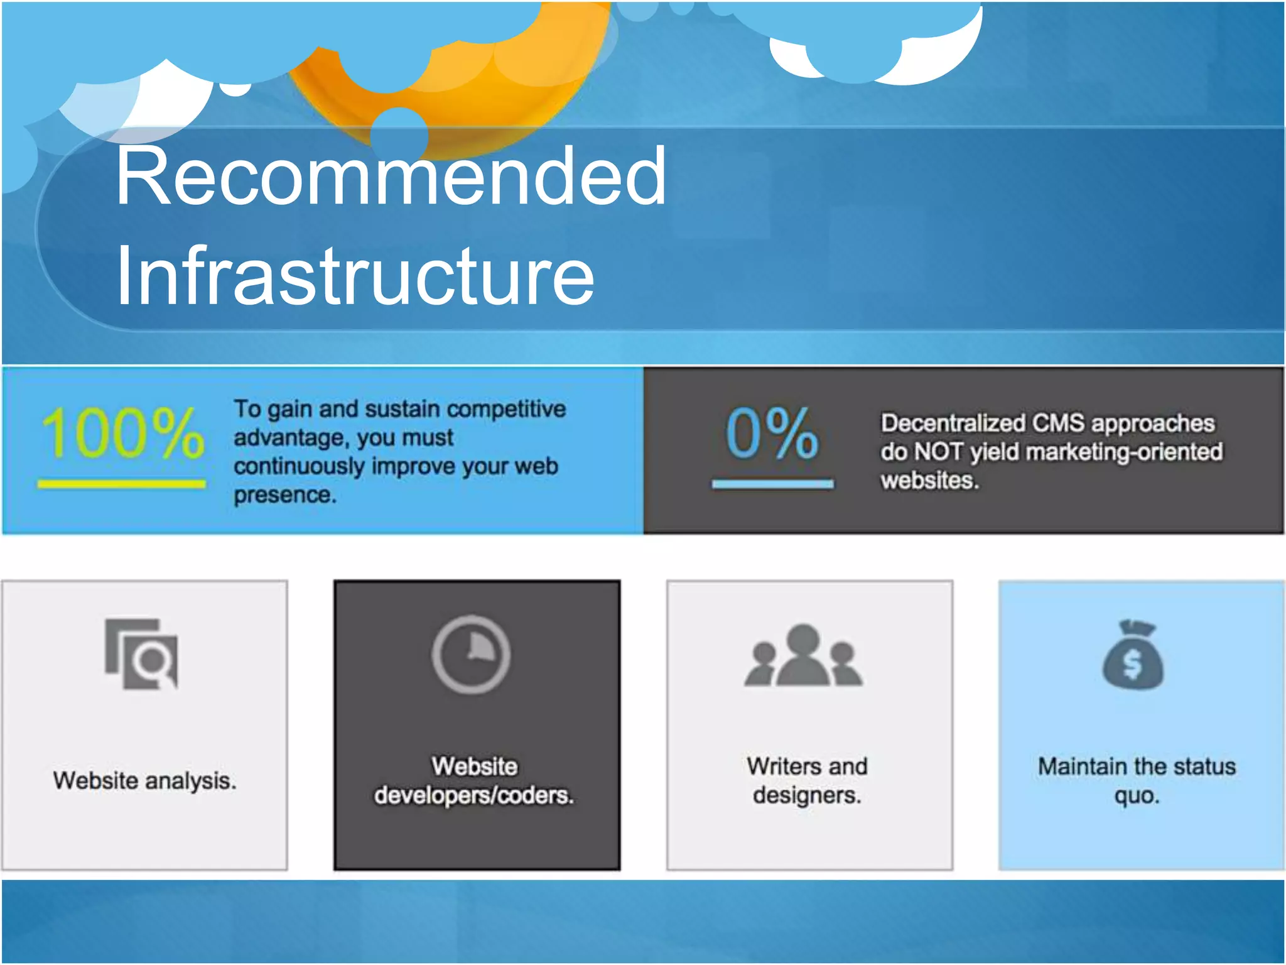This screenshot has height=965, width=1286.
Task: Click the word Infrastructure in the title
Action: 355,276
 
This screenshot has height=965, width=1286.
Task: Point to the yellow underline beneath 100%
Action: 122,484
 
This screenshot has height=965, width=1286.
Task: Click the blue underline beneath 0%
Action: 772,484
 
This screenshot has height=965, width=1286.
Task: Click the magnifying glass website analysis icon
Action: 142,654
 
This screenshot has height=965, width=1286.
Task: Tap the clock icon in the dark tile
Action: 471,655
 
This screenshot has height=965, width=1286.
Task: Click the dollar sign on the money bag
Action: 1132,664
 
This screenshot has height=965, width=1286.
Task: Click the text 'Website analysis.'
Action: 144,781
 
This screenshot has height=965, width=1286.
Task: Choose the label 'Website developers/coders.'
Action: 474,781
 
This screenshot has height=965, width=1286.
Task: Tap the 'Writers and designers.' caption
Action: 808,781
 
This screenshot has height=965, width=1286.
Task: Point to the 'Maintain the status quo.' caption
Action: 1137,781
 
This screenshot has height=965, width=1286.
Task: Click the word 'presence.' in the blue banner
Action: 285,495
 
